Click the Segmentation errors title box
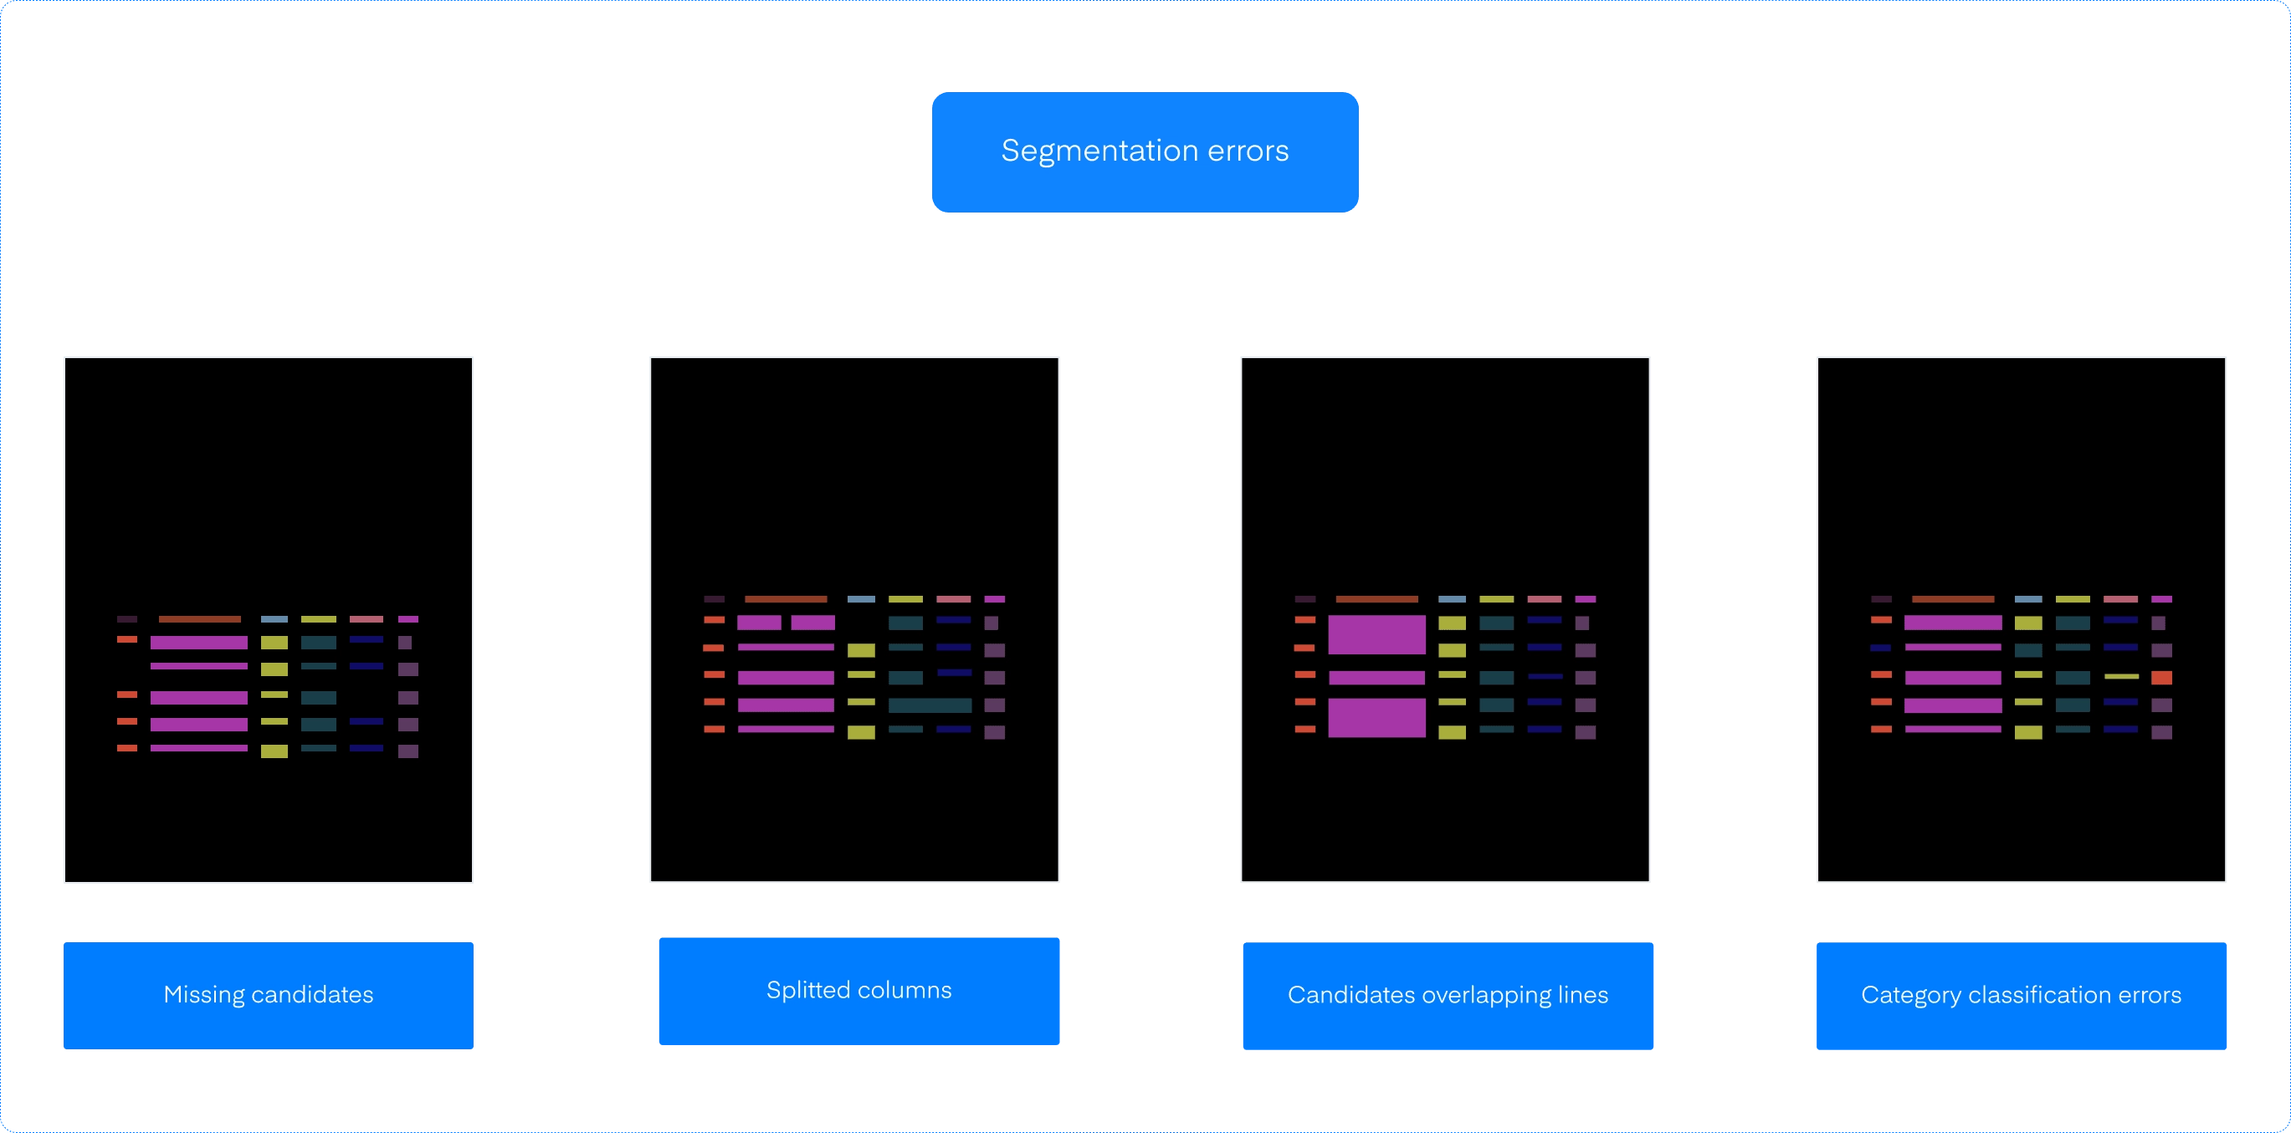coord(1145,152)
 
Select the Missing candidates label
coord(269,995)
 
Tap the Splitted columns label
coord(859,991)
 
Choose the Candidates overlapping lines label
coord(1448,995)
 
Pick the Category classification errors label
coord(2022,995)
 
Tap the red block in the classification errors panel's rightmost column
coord(2162,678)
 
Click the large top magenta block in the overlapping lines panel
coord(1376,635)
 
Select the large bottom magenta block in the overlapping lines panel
coord(1376,718)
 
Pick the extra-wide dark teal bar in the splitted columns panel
coord(930,705)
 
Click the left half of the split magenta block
coord(760,623)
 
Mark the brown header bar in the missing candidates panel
coord(200,619)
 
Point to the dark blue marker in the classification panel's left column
coord(1881,649)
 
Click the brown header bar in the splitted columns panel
coord(787,599)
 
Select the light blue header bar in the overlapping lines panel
coord(1453,599)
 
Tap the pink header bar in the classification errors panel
coord(2120,599)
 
